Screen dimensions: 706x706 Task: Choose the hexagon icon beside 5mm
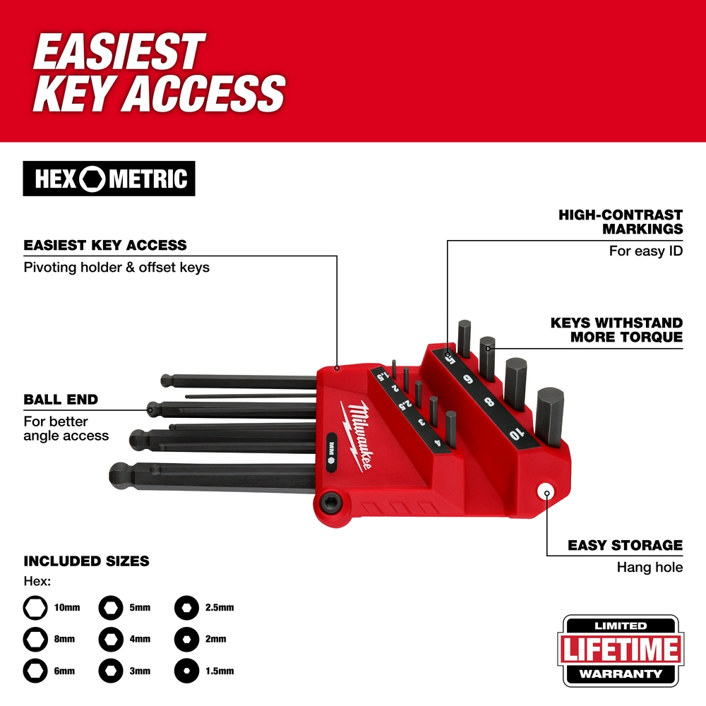click(110, 607)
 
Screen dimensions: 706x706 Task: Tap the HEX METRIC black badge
click(109, 179)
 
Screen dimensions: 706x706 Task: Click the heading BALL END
click(61, 400)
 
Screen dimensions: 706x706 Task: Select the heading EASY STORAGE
click(625, 546)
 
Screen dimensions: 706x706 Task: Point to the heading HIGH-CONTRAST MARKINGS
click(621, 222)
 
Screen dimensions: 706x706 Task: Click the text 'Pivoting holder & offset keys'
click(116, 268)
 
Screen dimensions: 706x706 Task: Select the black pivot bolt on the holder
click(330, 501)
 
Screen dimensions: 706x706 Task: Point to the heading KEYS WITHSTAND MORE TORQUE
click(616, 330)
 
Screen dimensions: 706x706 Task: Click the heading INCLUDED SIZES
click(86, 561)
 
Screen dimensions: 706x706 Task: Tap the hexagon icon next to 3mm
click(110, 670)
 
